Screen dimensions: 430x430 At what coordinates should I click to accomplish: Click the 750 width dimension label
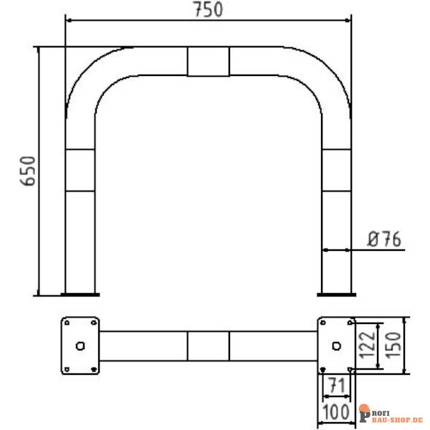pyautogui.click(x=209, y=9)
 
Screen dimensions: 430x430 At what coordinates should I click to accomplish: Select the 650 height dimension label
pyautogui.click(x=27, y=171)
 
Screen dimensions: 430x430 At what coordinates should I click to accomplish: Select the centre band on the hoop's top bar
pyautogui.click(x=209, y=62)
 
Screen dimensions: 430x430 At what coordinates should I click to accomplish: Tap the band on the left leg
pyautogui.click(x=80, y=170)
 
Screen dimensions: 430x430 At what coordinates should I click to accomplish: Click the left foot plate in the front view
pyautogui.click(x=80, y=292)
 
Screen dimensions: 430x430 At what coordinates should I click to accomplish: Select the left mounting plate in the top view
pyautogui.click(x=80, y=345)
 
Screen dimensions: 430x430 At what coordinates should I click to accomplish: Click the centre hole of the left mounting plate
pyautogui.click(x=80, y=346)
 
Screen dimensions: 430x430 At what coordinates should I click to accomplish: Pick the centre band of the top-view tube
pyautogui.click(x=209, y=346)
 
